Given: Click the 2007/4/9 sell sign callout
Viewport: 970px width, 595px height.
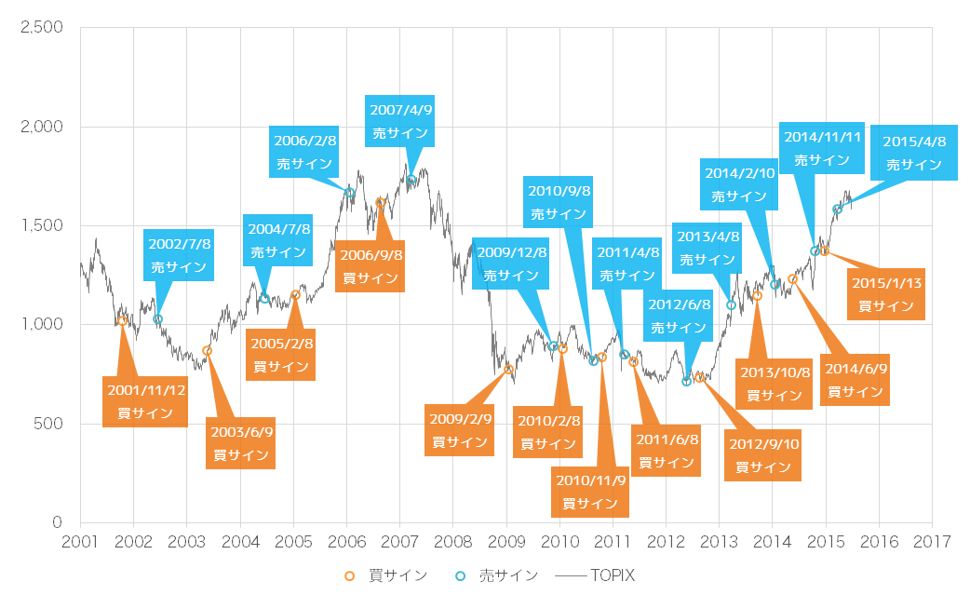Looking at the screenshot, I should [401, 121].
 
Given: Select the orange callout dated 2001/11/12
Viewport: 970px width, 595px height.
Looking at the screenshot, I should [145, 401].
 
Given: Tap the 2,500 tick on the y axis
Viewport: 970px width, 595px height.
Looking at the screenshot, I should [42, 27].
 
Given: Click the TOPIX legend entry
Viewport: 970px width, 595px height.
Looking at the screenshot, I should [595, 575].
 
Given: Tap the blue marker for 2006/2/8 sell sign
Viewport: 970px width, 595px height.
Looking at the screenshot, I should [350, 193].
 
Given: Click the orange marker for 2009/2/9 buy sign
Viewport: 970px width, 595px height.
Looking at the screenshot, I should [508, 370].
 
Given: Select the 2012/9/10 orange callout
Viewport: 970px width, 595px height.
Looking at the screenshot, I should [762, 454].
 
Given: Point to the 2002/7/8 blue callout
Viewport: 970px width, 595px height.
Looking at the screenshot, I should [180, 254].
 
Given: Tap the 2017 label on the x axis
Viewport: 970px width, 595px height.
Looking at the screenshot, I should [932, 542].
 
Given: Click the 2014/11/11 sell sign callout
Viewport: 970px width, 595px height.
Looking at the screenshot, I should [823, 147].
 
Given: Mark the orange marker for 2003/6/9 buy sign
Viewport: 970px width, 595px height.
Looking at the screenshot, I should [208, 351].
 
